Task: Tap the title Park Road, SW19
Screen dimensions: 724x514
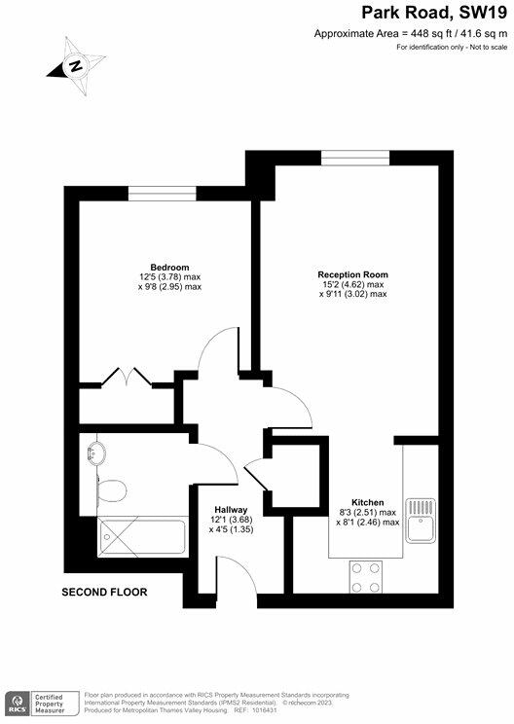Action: pyautogui.click(x=434, y=13)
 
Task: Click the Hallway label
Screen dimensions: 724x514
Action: pyautogui.click(x=232, y=510)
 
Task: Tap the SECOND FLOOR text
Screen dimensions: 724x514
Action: pyautogui.click(x=104, y=592)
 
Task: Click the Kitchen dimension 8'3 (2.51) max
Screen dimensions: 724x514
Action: pyautogui.click(x=375, y=513)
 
